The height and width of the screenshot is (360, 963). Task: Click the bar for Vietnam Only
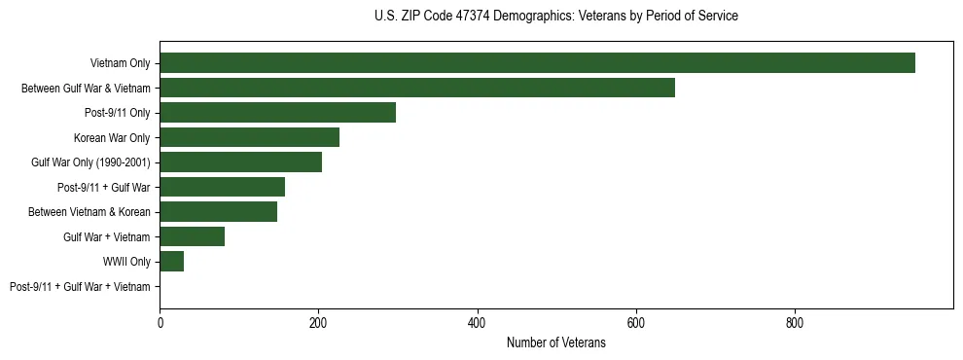[537, 63]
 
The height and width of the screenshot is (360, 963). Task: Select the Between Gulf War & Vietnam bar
[417, 88]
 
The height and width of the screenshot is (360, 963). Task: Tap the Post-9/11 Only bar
[277, 113]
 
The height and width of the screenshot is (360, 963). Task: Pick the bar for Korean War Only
[249, 137]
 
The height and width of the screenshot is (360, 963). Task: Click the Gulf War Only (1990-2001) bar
[240, 162]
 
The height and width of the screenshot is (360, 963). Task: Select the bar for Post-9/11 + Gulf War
[222, 187]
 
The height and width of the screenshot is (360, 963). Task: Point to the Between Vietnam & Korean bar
[218, 212]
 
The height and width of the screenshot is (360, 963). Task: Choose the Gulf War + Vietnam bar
[192, 236]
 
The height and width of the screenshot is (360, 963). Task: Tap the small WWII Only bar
[171, 262]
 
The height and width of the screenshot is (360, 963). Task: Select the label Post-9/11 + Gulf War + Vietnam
[80, 287]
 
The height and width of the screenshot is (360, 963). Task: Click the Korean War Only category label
[112, 138]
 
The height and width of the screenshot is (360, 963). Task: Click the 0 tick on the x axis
[160, 324]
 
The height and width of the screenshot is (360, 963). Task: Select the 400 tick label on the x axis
[477, 324]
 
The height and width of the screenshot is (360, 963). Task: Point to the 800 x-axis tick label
[795, 324]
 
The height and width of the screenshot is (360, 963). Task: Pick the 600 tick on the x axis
[636, 324]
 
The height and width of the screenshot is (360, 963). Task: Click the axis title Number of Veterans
[555, 342]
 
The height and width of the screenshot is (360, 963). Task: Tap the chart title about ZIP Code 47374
[555, 17]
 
